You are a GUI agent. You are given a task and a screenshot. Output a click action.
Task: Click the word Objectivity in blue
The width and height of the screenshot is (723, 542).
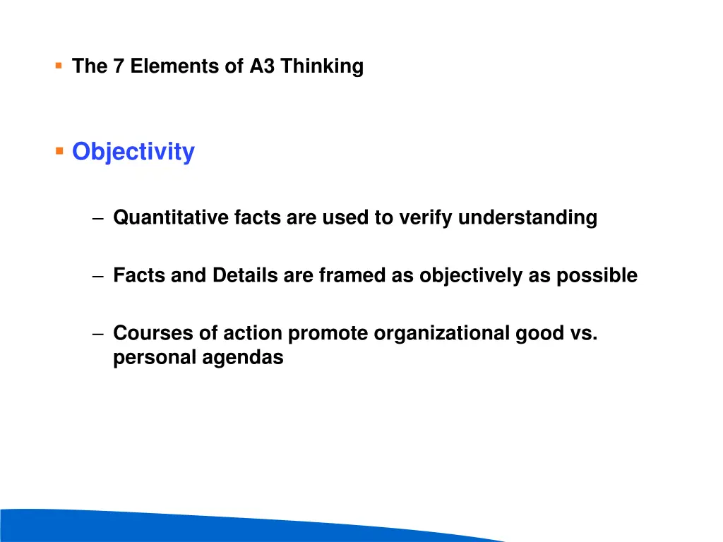coord(133,152)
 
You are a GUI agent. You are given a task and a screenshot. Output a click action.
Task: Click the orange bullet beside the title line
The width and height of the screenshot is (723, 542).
coord(58,66)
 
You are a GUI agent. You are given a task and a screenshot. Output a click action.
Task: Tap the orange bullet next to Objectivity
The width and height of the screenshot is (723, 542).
coord(59,151)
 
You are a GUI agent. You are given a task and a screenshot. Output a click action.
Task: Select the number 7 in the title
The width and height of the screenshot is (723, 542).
coord(118,66)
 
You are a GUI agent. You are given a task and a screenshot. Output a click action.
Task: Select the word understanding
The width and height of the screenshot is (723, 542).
coord(527,218)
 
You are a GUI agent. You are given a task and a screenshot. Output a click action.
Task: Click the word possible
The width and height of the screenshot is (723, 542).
coord(597,275)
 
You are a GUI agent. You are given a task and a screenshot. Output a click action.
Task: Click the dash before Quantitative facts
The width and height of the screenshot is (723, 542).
coord(97,219)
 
